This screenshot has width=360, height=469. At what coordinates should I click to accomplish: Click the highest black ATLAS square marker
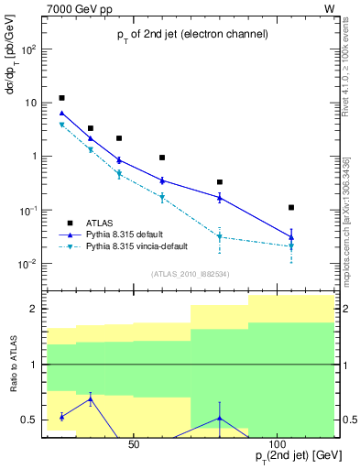click(61, 98)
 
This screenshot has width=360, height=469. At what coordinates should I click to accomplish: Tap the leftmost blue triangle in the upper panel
click(61, 114)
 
